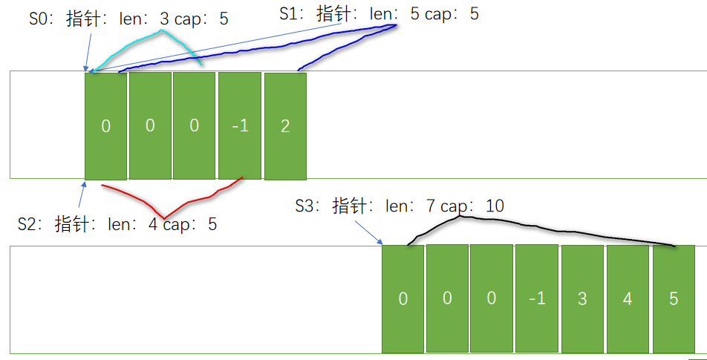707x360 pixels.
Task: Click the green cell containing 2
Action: [x=285, y=126]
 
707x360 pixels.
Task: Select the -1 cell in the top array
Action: [x=240, y=126]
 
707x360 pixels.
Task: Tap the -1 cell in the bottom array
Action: [x=537, y=298]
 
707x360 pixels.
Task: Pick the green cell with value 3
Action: [x=582, y=298]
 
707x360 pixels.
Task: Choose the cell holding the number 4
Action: [x=628, y=298]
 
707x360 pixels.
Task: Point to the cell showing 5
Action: [x=673, y=298]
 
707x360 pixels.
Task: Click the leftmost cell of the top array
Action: [x=105, y=126]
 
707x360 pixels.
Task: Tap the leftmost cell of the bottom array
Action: [x=403, y=298]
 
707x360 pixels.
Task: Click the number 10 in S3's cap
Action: [x=494, y=206]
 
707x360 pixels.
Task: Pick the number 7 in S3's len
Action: [x=430, y=206]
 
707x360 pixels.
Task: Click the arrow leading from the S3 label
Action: [x=368, y=229]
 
